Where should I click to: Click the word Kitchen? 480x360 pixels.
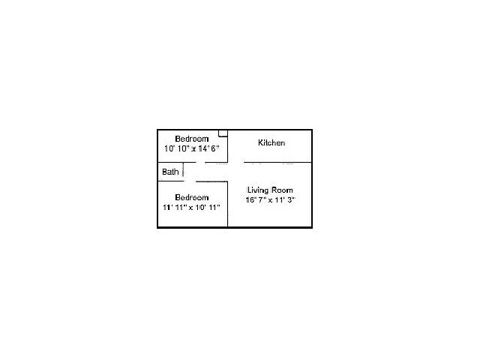click(271, 142)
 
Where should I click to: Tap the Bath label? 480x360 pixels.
click(170, 172)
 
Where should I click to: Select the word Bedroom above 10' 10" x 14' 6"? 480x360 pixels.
click(191, 139)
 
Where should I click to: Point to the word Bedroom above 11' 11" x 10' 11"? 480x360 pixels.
click(191, 197)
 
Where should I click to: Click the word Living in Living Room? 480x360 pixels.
click(258, 190)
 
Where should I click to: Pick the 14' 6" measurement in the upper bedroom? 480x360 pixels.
click(207, 148)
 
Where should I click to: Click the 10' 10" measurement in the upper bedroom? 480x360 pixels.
click(176, 148)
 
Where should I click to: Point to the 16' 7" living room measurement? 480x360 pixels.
click(257, 200)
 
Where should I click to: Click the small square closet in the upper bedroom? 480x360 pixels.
click(223, 133)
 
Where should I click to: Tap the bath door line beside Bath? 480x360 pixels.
click(183, 172)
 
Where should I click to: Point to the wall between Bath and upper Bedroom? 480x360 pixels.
click(169, 162)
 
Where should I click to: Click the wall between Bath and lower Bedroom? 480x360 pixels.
click(169, 181)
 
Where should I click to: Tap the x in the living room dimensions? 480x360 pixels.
click(271, 200)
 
